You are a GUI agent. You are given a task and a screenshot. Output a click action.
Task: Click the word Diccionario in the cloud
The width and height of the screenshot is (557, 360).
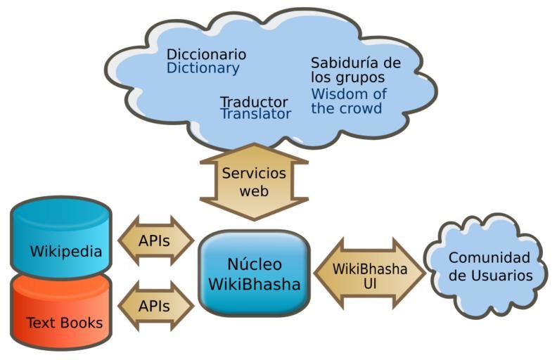tap(206, 54)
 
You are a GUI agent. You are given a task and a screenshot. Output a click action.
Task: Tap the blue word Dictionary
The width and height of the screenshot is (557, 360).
tap(203, 68)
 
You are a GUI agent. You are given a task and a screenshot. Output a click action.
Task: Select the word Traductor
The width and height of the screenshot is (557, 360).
tap(254, 102)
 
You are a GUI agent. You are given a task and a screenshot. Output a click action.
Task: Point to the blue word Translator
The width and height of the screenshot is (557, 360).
tap(255, 114)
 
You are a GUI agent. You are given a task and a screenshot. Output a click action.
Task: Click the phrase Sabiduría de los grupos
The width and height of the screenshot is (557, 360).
tap(355, 70)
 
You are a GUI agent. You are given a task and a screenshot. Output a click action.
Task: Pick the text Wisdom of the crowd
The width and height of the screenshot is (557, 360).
tap(348, 101)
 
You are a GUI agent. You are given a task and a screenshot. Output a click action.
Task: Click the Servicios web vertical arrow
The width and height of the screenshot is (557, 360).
tap(254, 181)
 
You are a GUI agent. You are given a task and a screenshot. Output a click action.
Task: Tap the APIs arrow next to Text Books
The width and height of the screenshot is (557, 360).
tap(154, 307)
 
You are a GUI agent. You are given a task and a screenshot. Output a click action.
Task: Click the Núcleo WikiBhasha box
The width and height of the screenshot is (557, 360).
tap(254, 274)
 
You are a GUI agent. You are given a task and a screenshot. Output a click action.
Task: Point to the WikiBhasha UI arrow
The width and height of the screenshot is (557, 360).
tap(369, 274)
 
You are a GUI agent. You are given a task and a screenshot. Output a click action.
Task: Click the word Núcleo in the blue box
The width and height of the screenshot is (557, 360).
tap(254, 264)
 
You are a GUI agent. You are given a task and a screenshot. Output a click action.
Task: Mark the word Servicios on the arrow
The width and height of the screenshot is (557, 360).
tap(254, 174)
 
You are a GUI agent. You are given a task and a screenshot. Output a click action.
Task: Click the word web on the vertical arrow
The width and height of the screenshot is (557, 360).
tap(254, 191)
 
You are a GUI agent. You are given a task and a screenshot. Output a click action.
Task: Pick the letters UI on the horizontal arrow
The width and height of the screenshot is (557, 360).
tap(370, 282)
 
